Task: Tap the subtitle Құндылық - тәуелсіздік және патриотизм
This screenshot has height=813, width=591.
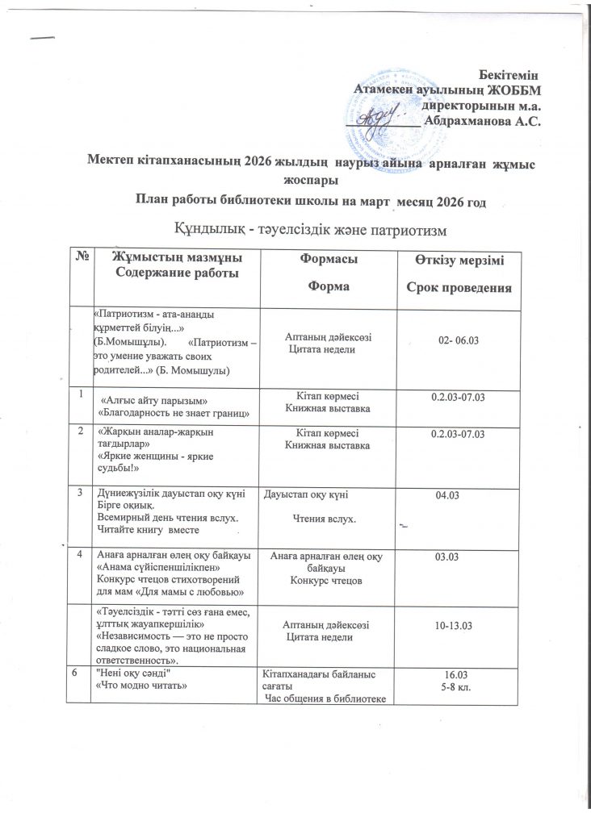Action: (310, 228)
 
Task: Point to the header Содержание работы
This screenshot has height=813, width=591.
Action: (177, 272)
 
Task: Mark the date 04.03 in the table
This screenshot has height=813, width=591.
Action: (447, 496)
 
